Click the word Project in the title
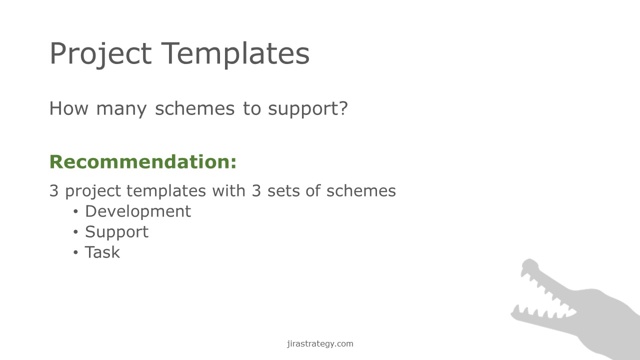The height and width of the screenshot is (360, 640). tap(100, 54)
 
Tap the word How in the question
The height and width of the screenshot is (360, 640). tap(69, 108)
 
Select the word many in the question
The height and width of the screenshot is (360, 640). tap(121, 110)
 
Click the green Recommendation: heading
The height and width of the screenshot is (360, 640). tap(143, 161)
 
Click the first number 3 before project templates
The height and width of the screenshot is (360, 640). tap(54, 191)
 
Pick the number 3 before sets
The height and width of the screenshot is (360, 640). tap(256, 191)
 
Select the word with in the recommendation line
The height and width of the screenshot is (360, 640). tap(229, 190)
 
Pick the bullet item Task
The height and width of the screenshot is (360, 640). tap(102, 252)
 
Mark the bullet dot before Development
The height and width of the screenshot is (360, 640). tap(75, 211)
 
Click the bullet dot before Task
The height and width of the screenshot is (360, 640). tap(75, 252)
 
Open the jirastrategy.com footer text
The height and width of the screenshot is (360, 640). tap(320, 343)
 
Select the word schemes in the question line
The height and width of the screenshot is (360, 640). tap(195, 108)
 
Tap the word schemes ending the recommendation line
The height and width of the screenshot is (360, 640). tap(361, 190)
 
